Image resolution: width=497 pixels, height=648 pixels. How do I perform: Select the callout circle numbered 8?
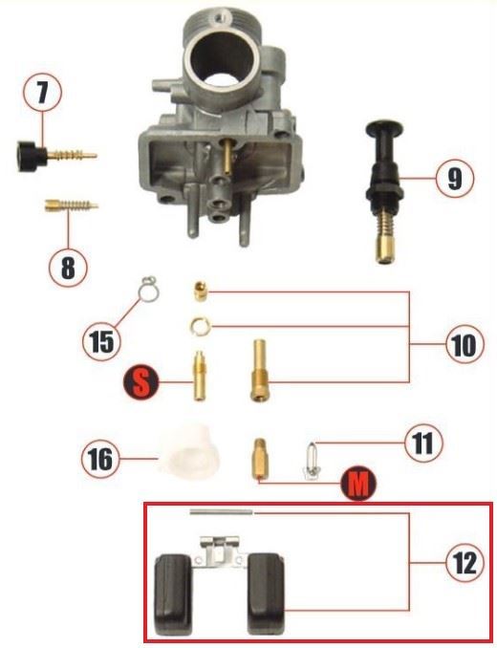click(x=68, y=267)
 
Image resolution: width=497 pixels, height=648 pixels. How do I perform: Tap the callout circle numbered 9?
click(x=455, y=178)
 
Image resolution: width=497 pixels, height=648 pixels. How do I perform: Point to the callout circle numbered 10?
click(x=465, y=344)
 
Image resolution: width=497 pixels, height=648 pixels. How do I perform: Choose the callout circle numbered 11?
click(x=423, y=443)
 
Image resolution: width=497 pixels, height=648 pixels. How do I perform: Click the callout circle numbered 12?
click(x=465, y=563)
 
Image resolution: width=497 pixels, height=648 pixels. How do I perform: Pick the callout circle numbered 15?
click(x=101, y=342)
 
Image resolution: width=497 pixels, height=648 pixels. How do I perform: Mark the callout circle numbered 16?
click(x=100, y=459)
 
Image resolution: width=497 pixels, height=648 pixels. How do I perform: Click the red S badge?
click(x=140, y=382)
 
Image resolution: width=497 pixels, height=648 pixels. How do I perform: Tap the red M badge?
click(x=358, y=483)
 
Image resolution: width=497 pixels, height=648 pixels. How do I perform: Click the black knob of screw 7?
click(x=32, y=156)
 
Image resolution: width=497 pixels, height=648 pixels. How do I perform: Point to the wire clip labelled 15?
click(x=149, y=289)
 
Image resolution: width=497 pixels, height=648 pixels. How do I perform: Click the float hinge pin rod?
click(x=221, y=512)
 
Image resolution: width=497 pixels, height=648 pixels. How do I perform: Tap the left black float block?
click(x=173, y=594)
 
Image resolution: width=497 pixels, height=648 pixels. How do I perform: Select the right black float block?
click(x=266, y=594)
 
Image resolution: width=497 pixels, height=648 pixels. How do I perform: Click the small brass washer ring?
click(x=201, y=326)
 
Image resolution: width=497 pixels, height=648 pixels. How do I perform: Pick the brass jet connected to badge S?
click(x=199, y=376)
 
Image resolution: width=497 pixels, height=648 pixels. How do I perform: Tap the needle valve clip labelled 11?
click(x=312, y=461)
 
